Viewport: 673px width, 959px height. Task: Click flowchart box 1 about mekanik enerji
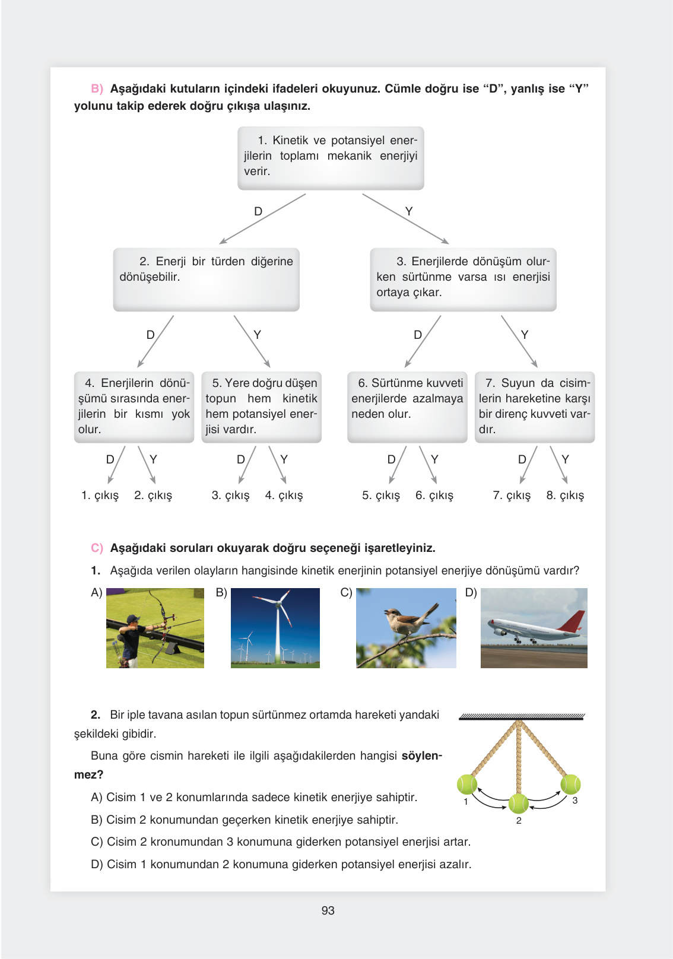click(331, 157)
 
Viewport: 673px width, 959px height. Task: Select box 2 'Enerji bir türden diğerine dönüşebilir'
click(206, 279)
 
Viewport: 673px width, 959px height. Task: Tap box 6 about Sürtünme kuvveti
click(407, 407)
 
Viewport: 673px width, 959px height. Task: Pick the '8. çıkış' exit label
click(565, 495)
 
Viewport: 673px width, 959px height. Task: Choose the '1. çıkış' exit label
click(100, 495)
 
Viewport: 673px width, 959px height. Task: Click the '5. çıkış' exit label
click(381, 495)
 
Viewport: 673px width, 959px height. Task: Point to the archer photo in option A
click(155, 628)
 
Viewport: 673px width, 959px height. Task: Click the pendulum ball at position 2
click(518, 804)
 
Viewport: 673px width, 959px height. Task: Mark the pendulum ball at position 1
click(467, 784)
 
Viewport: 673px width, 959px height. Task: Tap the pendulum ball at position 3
click(570, 783)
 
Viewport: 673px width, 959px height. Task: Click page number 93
click(328, 910)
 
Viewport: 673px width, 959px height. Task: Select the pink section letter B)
click(97, 88)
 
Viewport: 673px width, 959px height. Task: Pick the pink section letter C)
click(97, 548)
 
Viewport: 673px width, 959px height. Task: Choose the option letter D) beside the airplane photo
click(471, 592)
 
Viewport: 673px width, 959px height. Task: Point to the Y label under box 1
click(409, 211)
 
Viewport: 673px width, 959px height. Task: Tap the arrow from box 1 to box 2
click(262, 219)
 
